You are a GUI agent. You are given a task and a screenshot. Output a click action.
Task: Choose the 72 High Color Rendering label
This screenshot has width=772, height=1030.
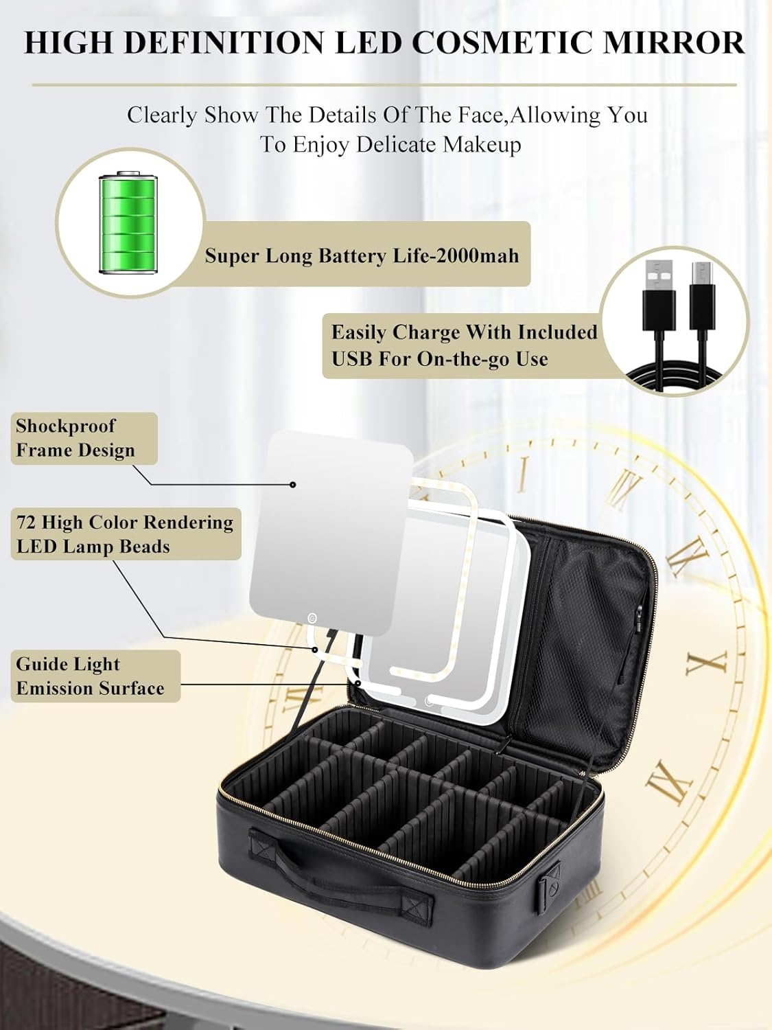[126, 534]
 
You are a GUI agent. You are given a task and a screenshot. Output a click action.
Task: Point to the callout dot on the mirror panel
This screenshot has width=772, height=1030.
[293, 485]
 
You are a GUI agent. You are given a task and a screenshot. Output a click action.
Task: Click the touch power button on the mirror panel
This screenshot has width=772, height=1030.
[312, 617]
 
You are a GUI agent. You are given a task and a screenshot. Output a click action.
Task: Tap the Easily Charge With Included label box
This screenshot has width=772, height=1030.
[463, 345]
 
